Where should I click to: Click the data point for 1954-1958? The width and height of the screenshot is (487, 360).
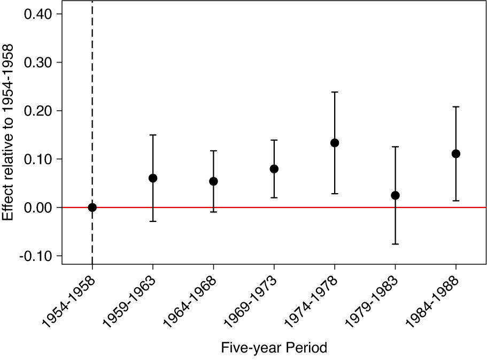click(x=92, y=208)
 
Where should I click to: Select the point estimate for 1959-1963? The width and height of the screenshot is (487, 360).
click(x=153, y=178)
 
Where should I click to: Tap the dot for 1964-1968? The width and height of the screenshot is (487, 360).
click(x=213, y=181)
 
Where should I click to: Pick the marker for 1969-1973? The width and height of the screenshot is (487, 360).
click(x=274, y=169)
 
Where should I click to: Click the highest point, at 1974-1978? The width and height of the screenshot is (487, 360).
click(x=335, y=143)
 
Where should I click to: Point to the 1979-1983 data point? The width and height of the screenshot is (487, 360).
click(x=395, y=195)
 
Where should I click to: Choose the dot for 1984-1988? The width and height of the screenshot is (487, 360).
click(x=456, y=154)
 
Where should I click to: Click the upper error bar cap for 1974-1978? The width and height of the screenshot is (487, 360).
click(x=335, y=92)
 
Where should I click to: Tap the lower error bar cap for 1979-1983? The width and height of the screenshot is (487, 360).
click(x=395, y=244)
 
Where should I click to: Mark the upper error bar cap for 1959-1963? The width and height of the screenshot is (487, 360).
click(x=153, y=135)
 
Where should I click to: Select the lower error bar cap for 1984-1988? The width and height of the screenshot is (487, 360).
click(x=456, y=201)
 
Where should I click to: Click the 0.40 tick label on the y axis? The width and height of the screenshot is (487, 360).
click(x=38, y=14)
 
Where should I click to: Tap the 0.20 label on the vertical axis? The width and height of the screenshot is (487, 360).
click(x=38, y=111)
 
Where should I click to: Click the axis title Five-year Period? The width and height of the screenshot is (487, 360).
click(x=274, y=348)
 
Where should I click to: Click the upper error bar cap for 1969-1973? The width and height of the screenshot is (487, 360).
click(x=274, y=140)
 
